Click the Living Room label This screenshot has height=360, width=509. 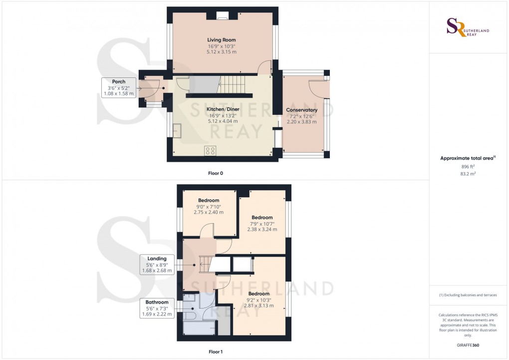coord(222,40)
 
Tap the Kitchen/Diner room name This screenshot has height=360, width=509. coord(222,109)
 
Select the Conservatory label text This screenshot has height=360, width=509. coord(301,110)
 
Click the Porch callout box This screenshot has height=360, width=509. coord(119,87)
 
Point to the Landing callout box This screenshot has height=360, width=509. coord(157,265)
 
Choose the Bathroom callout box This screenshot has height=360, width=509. coord(157,308)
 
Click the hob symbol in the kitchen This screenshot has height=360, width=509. coord(210,150)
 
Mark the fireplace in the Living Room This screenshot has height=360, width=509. coord(223,16)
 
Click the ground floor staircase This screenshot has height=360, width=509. coord(233,82)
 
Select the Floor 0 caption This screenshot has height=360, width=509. coord(216,173)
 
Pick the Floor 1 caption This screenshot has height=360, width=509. coord(216,352)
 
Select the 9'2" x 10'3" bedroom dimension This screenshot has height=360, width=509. coord(259,300)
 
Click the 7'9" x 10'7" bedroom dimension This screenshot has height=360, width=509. coord(262,224)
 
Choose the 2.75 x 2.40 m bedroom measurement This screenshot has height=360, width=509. coord(208,212)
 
